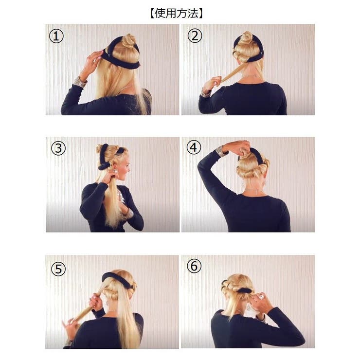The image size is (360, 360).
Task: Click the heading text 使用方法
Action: [180, 13]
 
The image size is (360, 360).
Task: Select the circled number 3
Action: [58, 148]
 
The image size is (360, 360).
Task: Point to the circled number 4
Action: [194, 148]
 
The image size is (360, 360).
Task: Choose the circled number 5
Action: [58, 268]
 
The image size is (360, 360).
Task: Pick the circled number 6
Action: [194, 267]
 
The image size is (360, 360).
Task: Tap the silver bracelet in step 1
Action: [80, 81]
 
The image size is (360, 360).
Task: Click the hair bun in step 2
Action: [247, 38]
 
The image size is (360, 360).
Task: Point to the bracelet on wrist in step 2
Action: [205, 92]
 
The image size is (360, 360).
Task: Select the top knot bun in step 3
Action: [102, 148]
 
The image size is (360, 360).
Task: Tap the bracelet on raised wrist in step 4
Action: [222, 151]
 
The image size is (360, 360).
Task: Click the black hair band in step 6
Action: [243, 290]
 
